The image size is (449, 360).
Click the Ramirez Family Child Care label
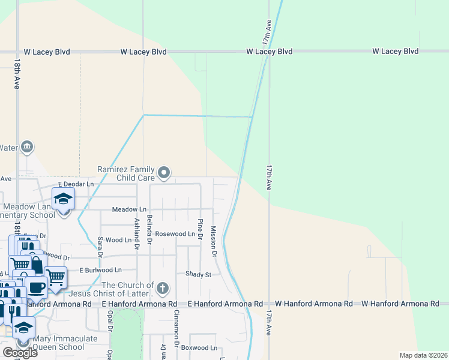click(x=127, y=174)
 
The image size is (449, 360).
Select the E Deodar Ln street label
click(x=76, y=184)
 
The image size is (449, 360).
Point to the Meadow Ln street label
click(x=129, y=209)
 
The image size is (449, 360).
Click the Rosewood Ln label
click(x=175, y=233)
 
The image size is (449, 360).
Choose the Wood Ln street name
click(x=119, y=240)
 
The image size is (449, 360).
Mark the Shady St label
click(x=199, y=274)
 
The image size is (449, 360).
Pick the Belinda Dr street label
click(x=149, y=229)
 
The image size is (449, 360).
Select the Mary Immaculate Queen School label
click(x=57, y=343)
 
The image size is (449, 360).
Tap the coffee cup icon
click(x=36, y=287)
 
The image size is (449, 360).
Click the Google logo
click(x=20, y=353)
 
